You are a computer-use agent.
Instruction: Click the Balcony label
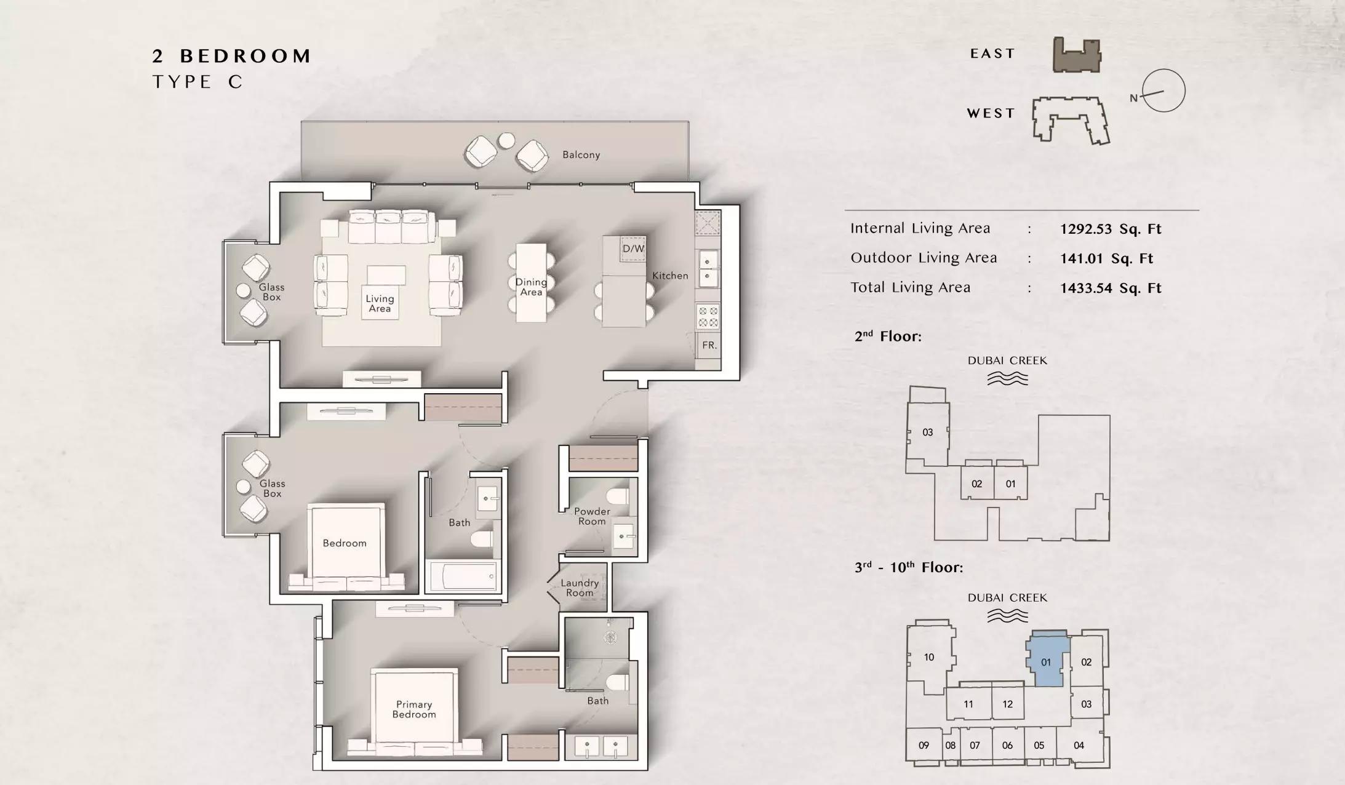pyautogui.click(x=581, y=154)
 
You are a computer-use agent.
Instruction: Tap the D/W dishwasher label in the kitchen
pyautogui.click(x=633, y=249)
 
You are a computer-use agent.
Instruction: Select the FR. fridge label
pyautogui.click(x=709, y=345)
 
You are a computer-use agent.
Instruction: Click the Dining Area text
pyautogui.click(x=531, y=287)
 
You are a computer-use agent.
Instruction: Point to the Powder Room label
pyautogui.click(x=592, y=516)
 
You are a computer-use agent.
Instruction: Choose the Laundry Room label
pyautogui.click(x=580, y=588)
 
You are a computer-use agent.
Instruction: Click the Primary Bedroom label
pyautogui.click(x=414, y=709)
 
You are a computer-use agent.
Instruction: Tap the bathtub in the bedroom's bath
pyautogui.click(x=463, y=576)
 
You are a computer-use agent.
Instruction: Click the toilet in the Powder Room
pyautogui.click(x=618, y=496)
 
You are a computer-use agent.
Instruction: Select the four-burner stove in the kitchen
pyautogui.click(x=708, y=317)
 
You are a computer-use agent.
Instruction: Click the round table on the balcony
pyautogui.click(x=506, y=141)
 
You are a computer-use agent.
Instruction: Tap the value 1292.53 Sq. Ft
pyautogui.click(x=1111, y=229)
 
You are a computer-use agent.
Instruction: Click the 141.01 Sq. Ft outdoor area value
pyautogui.click(x=1106, y=258)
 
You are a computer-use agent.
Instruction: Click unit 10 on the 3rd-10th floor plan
pyautogui.click(x=929, y=657)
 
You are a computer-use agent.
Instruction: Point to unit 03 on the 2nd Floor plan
pyautogui.click(x=928, y=432)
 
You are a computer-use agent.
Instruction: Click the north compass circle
pyautogui.click(x=1163, y=90)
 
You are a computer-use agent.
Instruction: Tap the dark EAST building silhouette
pyautogui.click(x=1077, y=55)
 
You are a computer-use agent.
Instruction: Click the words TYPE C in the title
pyautogui.click(x=198, y=82)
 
